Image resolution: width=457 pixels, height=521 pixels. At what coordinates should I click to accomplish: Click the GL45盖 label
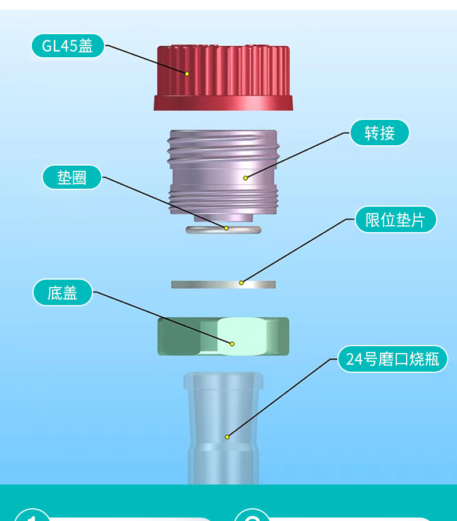pyautogui.click(x=68, y=46)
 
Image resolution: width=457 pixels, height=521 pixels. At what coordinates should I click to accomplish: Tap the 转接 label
pyautogui.click(x=379, y=133)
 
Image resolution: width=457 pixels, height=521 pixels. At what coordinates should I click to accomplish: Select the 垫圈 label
pyautogui.click(x=72, y=178)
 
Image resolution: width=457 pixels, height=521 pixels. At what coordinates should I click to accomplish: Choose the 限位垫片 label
pyautogui.click(x=396, y=219)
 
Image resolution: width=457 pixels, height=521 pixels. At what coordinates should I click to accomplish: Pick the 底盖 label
pyautogui.click(x=62, y=293)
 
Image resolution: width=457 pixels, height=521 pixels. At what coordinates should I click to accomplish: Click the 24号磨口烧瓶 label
pyautogui.click(x=393, y=359)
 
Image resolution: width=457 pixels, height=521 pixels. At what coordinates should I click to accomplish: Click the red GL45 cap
pyautogui.click(x=223, y=78)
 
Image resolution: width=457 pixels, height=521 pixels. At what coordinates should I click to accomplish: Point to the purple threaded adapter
pyautogui.click(x=223, y=174)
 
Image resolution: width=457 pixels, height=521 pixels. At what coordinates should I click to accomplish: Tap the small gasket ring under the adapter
pyautogui.click(x=223, y=229)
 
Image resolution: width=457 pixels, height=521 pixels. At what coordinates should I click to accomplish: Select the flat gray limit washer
pyautogui.click(x=223, y=284)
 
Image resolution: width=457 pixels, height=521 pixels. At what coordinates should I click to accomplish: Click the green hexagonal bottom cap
pyautogui.click(x=223, y=336)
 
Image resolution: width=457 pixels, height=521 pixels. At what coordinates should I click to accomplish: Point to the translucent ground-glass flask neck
pyautogui.click(x=223, y=428)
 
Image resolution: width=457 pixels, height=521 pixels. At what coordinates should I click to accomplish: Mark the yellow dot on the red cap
pyautogui.click(x=187, y=74)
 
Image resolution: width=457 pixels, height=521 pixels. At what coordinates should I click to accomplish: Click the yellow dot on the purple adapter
pyautogui.click(x=245, y=178)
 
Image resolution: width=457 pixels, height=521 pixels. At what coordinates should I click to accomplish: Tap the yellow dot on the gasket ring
pyautogui.click(x=226, y=228)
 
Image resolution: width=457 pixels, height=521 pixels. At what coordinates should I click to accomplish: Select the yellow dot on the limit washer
pyautogui.click(x=241, y=282)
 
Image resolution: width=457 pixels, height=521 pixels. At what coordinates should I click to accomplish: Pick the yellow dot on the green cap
pyautogui.click(x=232, y=344)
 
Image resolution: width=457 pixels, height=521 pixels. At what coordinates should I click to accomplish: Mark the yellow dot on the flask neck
pyautogui.click(x=227, y=437)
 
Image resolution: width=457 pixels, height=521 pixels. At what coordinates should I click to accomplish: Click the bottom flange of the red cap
pyautogui.click(x=223, y=103)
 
